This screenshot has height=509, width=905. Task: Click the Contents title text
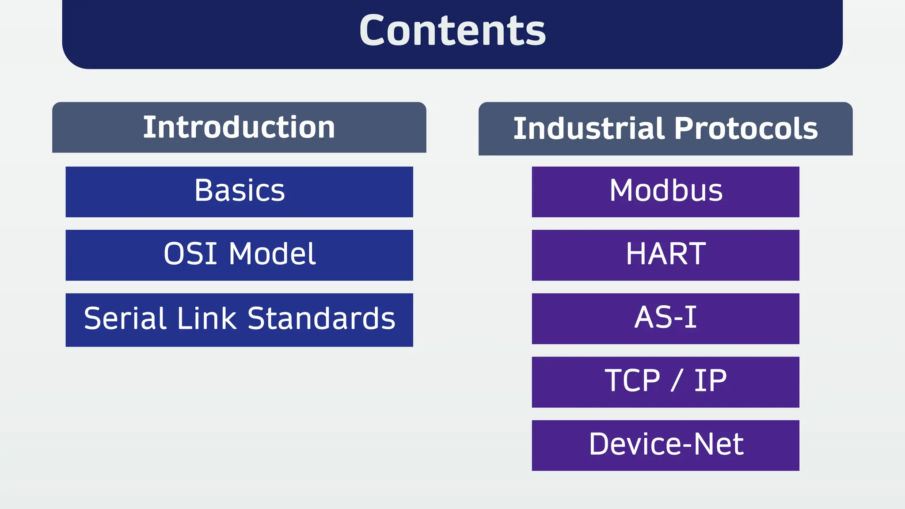(452, 31)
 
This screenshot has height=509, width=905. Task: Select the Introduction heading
(239, 128)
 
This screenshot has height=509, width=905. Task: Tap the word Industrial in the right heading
(589, 129)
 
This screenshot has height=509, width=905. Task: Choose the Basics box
(239, 191)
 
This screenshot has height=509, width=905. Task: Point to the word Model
(272, 254)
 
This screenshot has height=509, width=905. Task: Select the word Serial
(126, 319)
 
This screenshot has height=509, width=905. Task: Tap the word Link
(207, 319)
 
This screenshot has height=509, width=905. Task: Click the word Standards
(321, 319)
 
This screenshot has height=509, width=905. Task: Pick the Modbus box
(665, 191)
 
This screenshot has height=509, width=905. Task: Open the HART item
(665, 254)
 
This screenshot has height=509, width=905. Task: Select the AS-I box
(665, 318)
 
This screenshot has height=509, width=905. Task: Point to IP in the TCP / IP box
(710, 381)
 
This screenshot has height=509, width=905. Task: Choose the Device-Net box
(665, 444)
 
